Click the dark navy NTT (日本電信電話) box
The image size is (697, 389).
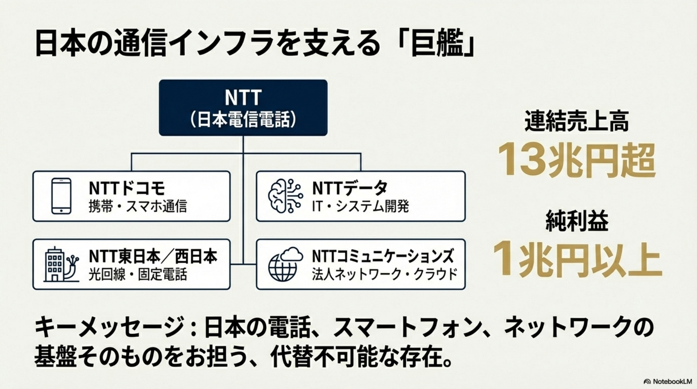pos(243,108)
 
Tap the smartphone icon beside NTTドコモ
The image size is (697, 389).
pos(61,196)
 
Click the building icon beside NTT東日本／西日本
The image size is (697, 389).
pos(61,264)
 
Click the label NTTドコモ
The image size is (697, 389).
pos(127,188)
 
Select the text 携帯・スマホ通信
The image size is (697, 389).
pos(138,206)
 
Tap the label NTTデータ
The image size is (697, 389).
pos(350,188)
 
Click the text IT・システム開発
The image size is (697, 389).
pos(360,206)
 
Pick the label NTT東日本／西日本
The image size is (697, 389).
pos(153,256)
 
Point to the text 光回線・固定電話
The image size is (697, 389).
pos(138,274)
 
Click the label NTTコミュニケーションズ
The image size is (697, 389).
pos(383,256)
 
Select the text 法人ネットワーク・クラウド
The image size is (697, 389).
pos(384,274)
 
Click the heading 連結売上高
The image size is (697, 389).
pos(577,121)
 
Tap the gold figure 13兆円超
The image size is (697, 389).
pos(577,161)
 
